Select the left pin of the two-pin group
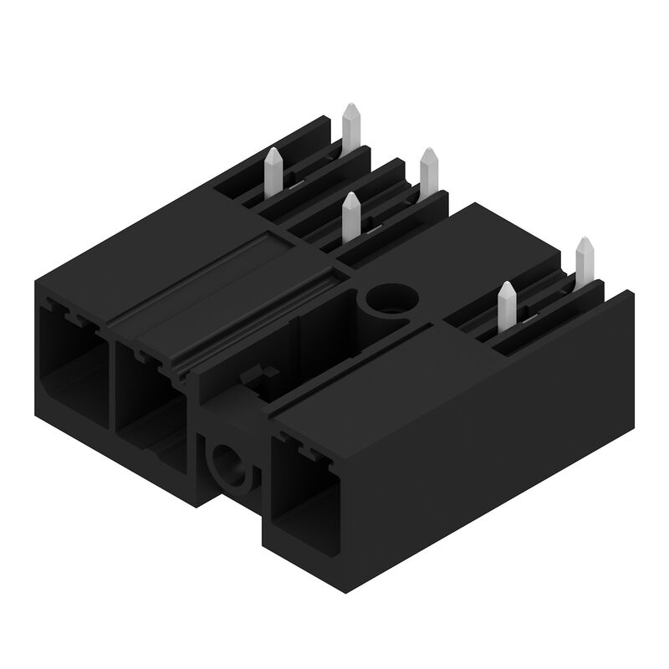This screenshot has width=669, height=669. click(506, 306)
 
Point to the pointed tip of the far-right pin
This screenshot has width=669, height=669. click(585, 242)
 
